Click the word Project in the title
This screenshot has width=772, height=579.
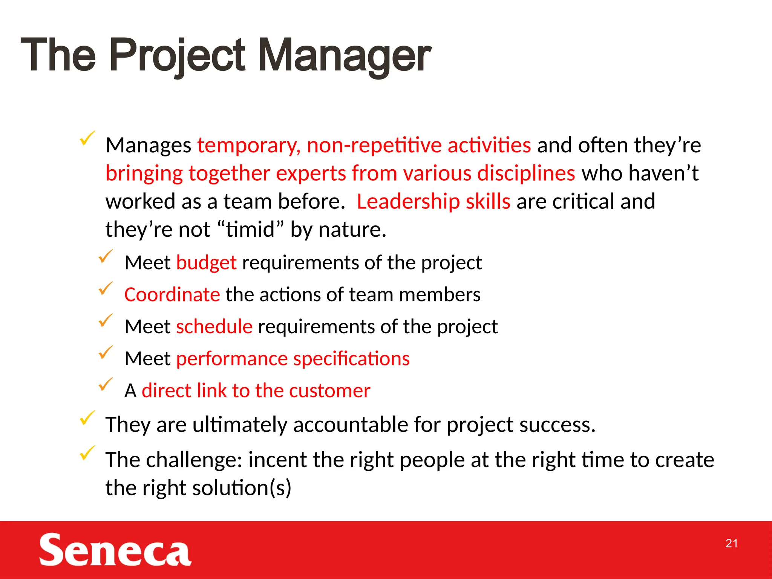177,56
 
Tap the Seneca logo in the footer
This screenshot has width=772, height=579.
115,550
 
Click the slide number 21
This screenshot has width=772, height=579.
731,543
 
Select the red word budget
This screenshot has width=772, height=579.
206,263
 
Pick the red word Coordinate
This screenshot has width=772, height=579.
172,294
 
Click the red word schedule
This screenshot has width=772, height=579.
214,326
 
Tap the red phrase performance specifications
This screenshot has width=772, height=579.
293,358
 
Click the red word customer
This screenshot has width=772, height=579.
329,391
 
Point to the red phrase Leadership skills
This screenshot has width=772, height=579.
433,201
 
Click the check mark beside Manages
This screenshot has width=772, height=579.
87,139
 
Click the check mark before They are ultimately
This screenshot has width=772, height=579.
87,418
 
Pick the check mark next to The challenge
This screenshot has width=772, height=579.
87,453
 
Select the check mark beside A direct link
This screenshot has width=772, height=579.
106,384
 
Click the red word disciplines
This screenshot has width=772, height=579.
526,173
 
